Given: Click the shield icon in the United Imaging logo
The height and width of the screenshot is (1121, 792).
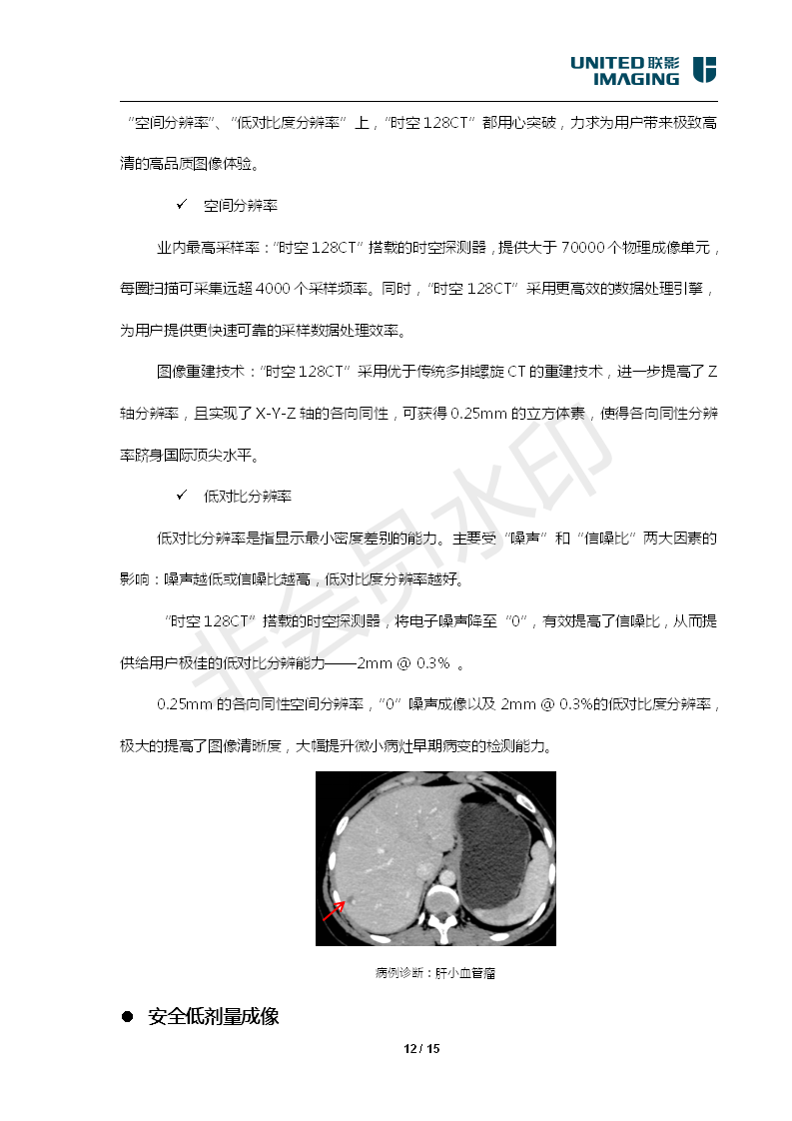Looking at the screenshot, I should coord(704,70).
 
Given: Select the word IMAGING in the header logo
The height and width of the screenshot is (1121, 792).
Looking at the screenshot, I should coord(635,78).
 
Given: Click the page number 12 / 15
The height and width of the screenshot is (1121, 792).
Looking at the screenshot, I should coord(421,1048).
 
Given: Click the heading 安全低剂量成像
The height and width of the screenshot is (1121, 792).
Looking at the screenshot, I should coord(213,1017).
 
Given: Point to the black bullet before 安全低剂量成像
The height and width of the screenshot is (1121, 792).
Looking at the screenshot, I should coord(127,1017).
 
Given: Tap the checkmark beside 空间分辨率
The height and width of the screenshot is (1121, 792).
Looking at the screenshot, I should coord(182,205).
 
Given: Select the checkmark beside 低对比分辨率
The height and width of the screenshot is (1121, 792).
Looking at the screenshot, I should coord(182,496).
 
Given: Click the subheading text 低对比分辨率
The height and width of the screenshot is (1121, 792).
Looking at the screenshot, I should coord(248,496).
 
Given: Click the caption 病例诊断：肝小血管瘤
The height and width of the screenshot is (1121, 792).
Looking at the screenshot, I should coord(435,972).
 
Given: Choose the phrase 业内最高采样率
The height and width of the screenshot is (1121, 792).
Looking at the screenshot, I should coord(207,247).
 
